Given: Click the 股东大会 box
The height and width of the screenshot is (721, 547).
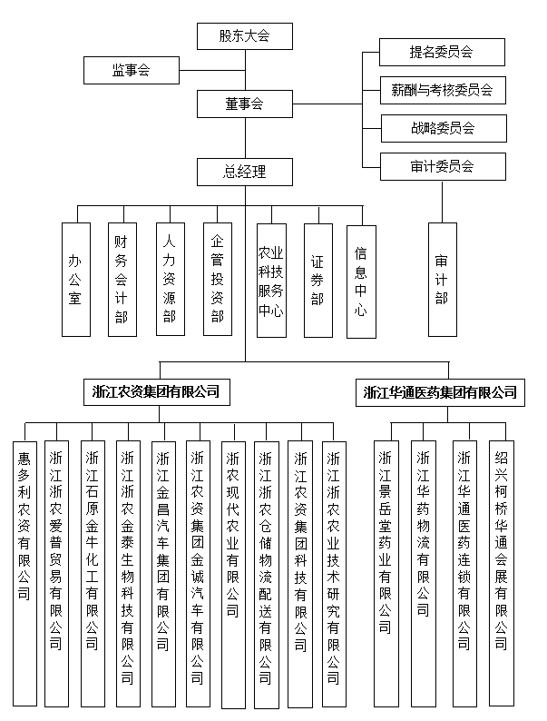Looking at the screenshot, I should pyautogui.click(x=244, y=36).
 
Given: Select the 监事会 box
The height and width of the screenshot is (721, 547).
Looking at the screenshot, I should pyautogui.click(x=131, y=69).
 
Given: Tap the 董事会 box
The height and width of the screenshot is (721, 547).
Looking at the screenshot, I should pyautogui.click(x=244, y=104).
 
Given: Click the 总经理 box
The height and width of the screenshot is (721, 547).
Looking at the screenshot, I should pyautogui.click(x=244, y=171).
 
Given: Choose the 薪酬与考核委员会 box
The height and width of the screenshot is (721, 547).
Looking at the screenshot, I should pyautogui.click(x=441, y=90).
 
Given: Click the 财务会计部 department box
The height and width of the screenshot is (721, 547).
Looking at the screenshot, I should pyautogui.click(x=122, y=280).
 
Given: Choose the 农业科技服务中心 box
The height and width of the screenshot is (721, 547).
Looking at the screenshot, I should pyautogui.click(x=270, y=280).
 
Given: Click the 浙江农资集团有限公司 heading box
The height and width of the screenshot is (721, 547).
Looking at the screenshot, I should pyautogui.click(x=156, y=392).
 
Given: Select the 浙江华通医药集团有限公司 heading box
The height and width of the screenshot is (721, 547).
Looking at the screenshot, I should pyautogui.click(x=440, y=392).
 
